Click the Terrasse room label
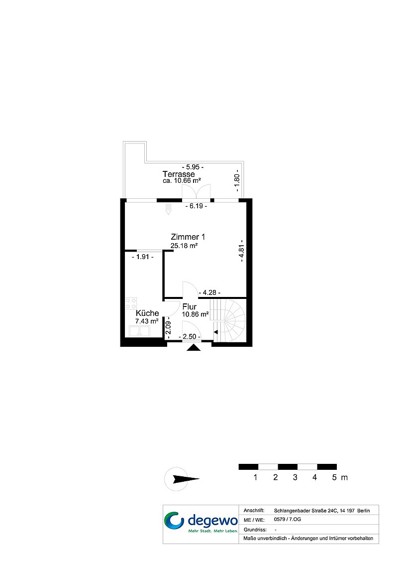point(179,174)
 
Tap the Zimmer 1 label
point(188,237)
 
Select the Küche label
point(147,313)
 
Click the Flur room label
point(190,307)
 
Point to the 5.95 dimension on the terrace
point(193,167)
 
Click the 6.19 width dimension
point(196,206)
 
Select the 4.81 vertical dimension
point(241,251)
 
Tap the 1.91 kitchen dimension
point(142,257)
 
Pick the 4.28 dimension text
point(210,292)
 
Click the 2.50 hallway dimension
point(190,336)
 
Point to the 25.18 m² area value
point(184,246)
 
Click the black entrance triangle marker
point(194,347)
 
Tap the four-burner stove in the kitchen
point(131,303)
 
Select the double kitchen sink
point(140,331)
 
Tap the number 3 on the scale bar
point(295,477)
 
